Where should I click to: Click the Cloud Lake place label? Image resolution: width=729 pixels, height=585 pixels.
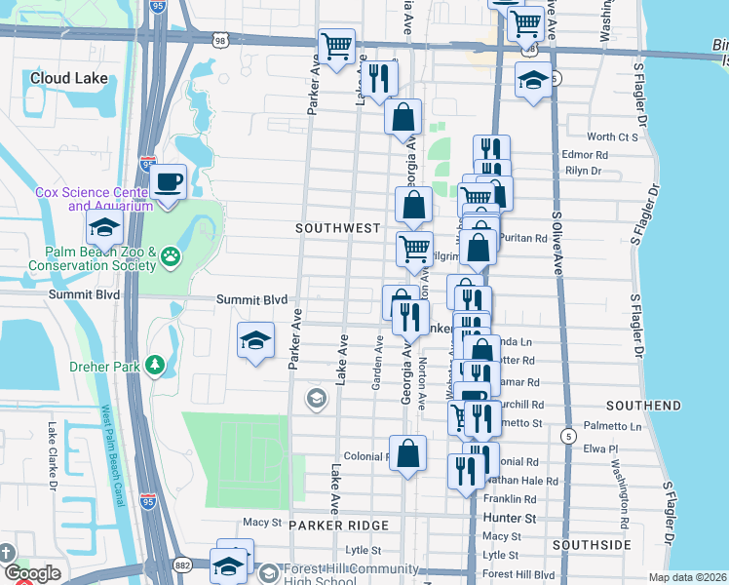pos(65,78)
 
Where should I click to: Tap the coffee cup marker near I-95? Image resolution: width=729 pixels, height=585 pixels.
pos(168,181)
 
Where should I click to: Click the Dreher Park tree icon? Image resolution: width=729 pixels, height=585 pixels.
pos(155,365)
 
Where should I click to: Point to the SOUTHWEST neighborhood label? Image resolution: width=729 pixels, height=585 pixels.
pos(338,228)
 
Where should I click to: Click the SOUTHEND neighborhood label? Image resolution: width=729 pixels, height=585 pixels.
pos(643,405)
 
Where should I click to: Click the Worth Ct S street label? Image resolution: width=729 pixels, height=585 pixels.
pos(613,137)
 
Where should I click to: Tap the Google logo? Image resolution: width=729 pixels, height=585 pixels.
pos(31,573)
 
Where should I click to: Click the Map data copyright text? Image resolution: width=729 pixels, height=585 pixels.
pos(688,577)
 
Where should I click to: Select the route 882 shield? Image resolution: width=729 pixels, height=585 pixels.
pos(183,565)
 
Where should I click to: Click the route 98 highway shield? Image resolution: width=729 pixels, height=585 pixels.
pos(222,39)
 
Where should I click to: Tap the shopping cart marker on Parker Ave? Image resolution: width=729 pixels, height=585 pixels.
pos(336,46)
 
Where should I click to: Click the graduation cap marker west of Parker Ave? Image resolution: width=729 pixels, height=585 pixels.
pos(255,340)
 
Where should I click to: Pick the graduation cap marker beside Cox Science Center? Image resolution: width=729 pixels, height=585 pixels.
pos(103,230)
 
